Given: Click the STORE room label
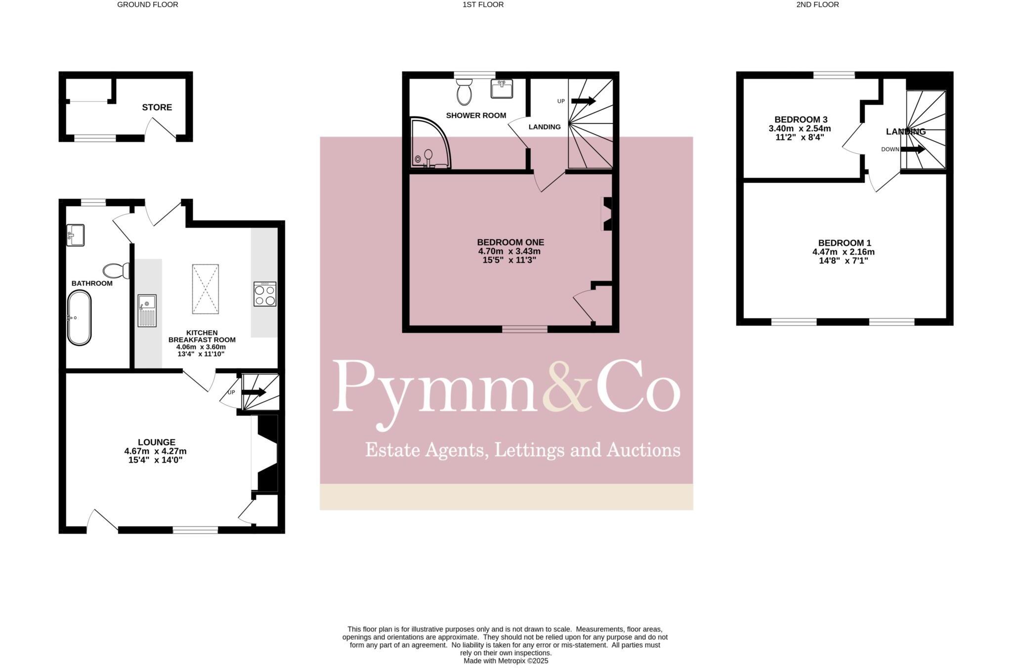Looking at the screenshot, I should coord(157,107).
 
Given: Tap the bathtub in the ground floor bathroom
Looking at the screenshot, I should coord(79,318).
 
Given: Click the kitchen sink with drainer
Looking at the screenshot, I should coord(147,311).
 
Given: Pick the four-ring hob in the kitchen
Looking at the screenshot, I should coord(264,294).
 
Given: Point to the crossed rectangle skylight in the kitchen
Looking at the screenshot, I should coord(205,289).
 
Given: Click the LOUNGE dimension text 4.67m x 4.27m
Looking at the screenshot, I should coord(155,451).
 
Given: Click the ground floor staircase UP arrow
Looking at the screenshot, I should coord(253,392).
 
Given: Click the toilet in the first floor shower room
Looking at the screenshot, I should coord(464,92).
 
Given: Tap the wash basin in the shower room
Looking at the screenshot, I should coord(502,89).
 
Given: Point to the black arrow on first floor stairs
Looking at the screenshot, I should coord(584,101).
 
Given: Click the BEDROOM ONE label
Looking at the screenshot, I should coord(510,242).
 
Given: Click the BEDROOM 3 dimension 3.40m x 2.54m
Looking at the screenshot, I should coord(800,128).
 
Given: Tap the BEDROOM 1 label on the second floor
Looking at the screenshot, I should coord(844,243).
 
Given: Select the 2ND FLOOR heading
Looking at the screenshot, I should coord(817,4).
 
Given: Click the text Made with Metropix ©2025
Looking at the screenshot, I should coord(506,661).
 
